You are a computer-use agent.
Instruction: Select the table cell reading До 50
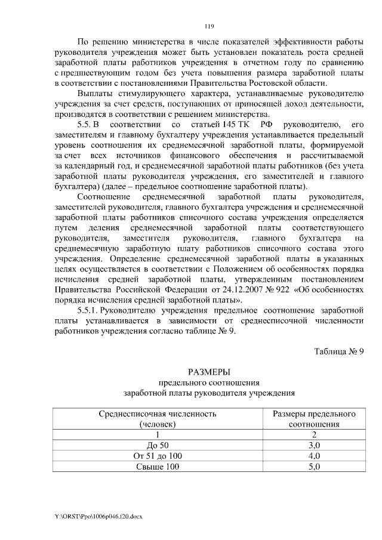point(158,445)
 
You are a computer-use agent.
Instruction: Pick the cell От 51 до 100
point(158,456)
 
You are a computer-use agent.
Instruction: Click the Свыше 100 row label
point(158,467)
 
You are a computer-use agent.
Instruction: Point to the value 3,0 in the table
point(314,445)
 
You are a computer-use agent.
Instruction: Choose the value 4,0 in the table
point(314,456)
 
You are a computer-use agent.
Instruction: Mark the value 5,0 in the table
point(314,467)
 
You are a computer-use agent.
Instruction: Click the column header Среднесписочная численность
point(158,419)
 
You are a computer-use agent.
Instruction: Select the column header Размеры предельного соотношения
point(314,419)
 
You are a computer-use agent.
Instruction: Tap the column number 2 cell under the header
point(314,435)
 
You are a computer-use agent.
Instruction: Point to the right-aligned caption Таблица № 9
point(339,350)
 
